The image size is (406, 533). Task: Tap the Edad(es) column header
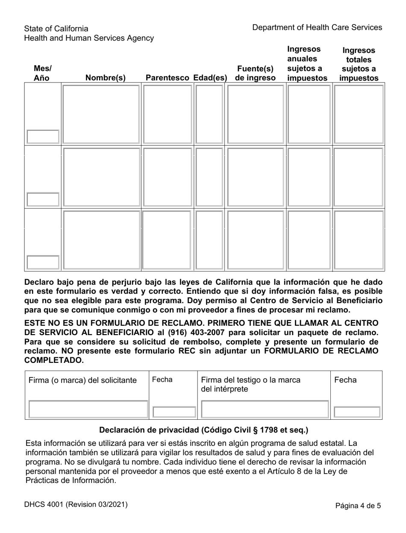pos(209,78)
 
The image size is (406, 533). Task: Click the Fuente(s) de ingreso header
pos(255,73)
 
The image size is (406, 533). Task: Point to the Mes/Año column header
pos(42,73)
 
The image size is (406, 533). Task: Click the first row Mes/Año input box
pos(43,136)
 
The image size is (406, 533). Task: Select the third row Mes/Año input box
pos(43,262)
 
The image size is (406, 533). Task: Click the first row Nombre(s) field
pos(101,114)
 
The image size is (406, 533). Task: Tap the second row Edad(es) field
pos(209,177)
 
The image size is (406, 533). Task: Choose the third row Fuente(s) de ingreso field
pos(255,240)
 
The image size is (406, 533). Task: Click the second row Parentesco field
pos(167,177)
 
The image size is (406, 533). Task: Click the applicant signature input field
pos(88,409)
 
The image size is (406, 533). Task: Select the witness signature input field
pos(265,409)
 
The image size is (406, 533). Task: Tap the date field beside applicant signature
pos(174,412)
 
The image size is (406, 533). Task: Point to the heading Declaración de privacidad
pos(203,430)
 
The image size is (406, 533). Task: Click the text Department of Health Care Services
pos(317,27)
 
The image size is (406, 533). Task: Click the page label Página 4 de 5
pos(358,506)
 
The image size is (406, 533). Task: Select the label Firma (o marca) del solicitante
pos(82,380)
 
